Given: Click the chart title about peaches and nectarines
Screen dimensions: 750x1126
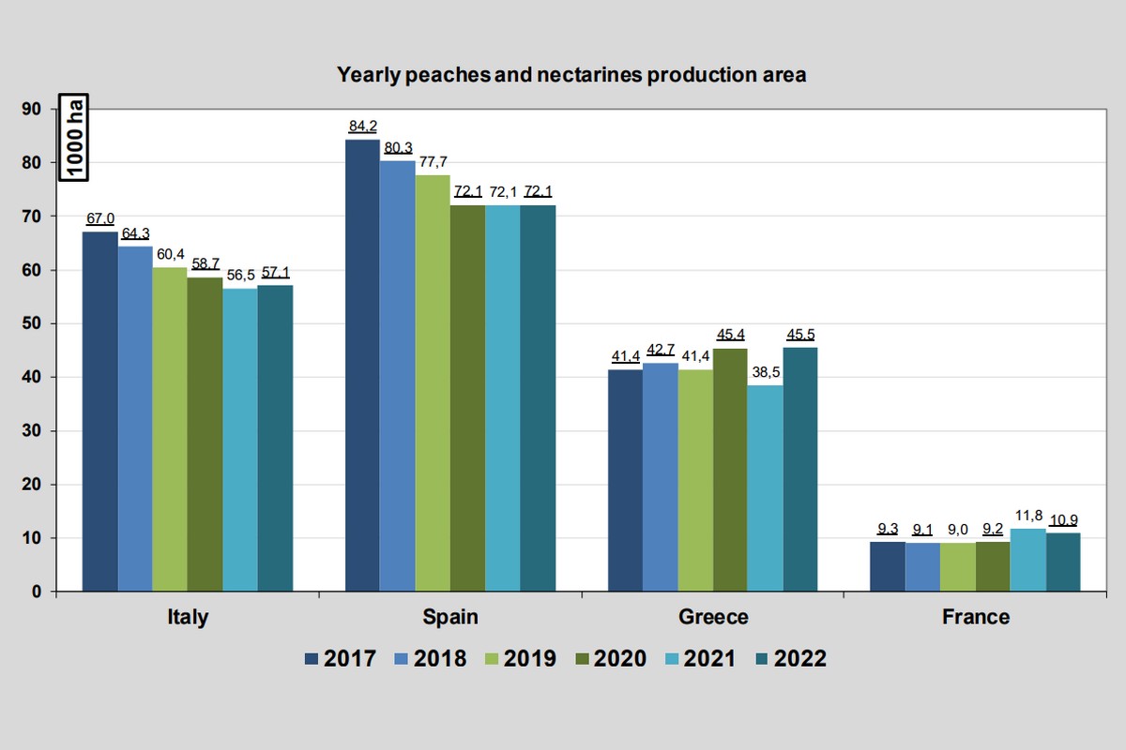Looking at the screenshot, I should click(571, 74).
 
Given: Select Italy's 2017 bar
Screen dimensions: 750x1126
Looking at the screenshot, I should click(99, 412).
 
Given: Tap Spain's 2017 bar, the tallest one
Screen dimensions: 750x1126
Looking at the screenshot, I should click(362, 366).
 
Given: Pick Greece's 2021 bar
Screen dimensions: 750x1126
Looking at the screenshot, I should click(765, 487).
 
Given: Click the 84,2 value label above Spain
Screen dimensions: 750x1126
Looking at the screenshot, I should click(362, 127).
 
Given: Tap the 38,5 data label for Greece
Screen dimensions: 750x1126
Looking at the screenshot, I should click(765, 371).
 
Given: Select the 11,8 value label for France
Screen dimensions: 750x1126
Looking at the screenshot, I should click(1027, 515).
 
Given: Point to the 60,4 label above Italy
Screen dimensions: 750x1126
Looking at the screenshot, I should click(170, 254).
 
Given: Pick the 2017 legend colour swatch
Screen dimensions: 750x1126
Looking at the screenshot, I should click(312, 659).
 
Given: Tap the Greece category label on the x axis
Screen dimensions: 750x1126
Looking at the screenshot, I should click(713, 617).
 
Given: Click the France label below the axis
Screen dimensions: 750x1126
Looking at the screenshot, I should click(976, 617).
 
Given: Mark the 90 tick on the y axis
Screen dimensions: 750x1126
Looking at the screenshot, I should click(31, 110).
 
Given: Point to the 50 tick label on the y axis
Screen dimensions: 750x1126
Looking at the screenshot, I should click(31, 324).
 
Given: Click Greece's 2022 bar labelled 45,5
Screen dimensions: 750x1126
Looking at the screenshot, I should click(800, 469).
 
